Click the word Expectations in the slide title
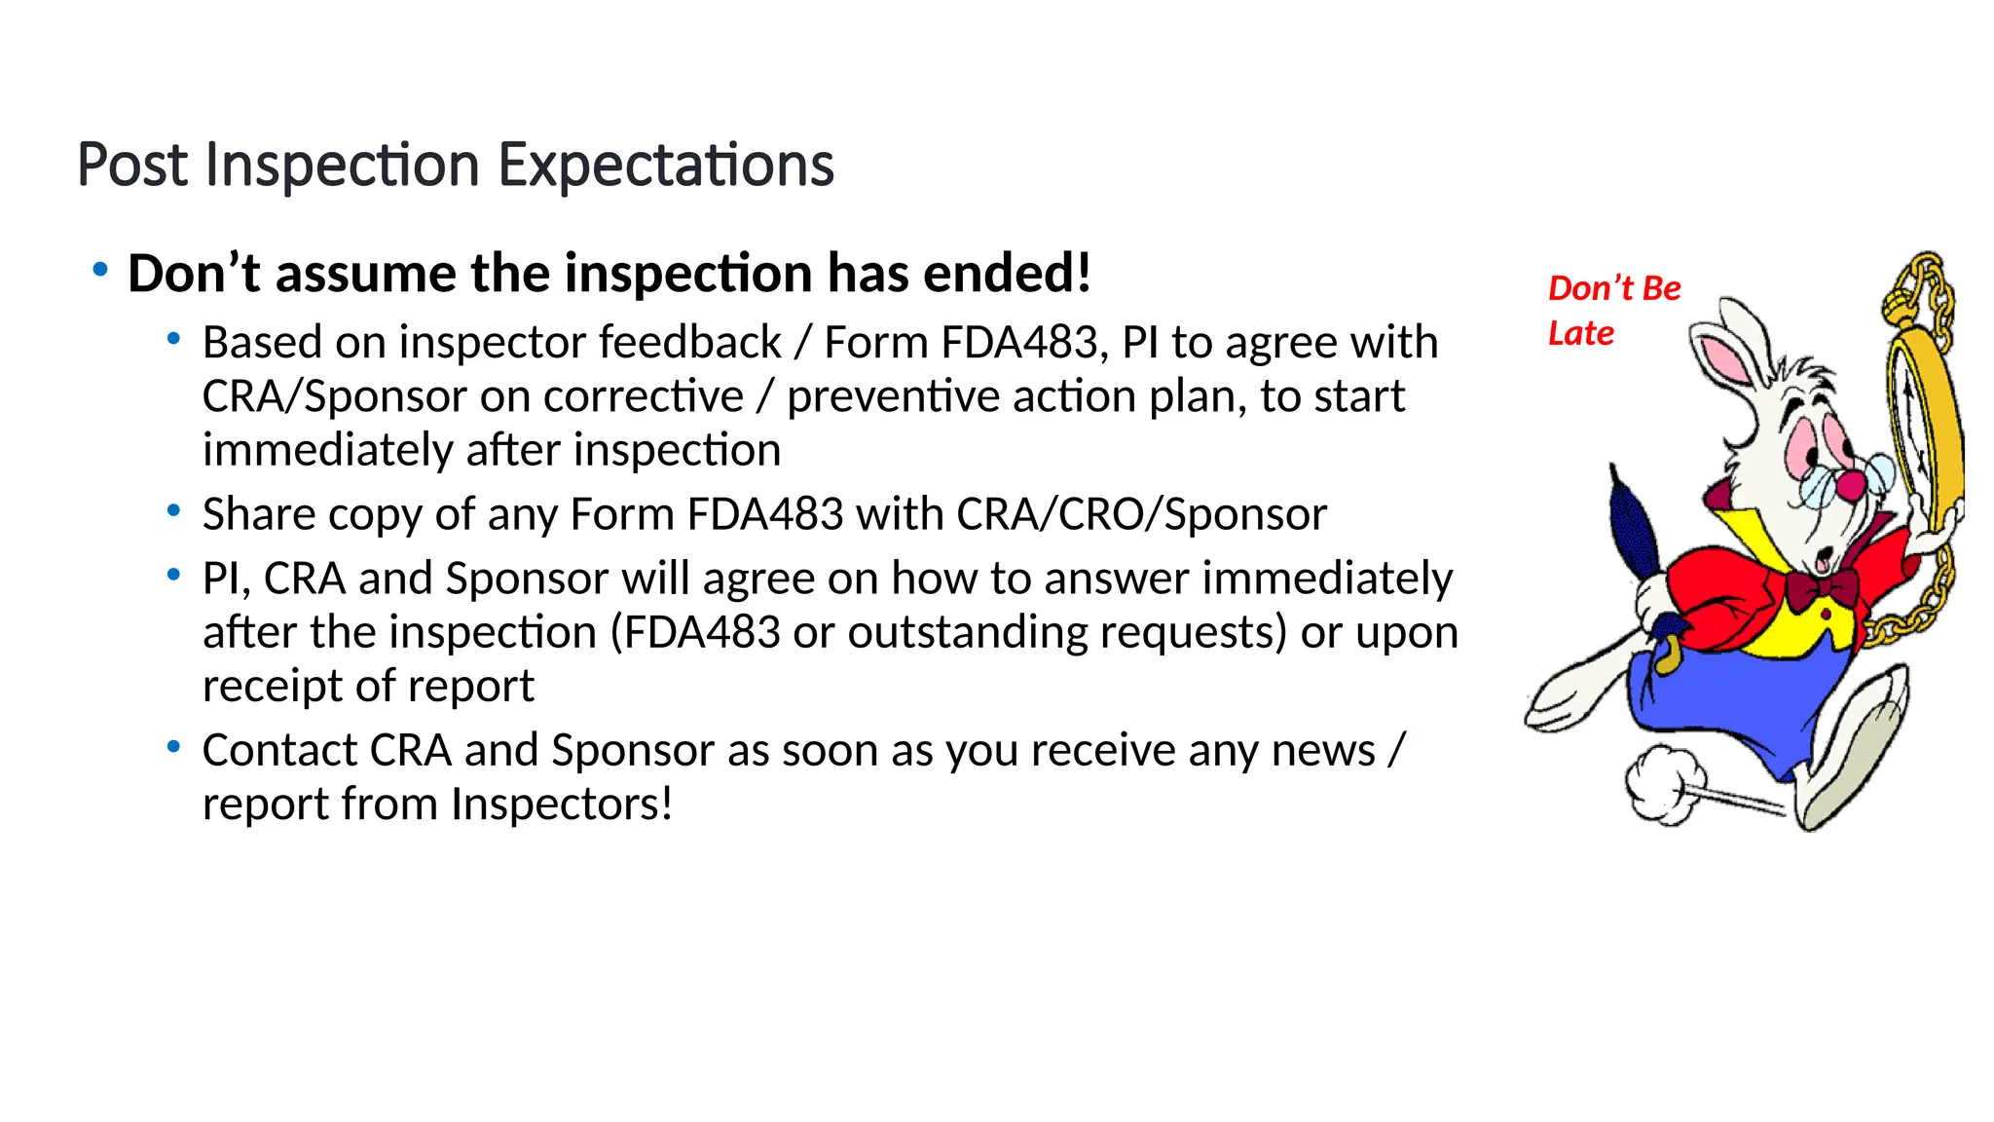point(666,166)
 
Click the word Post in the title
point(132,166)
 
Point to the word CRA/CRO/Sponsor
point(1141,514)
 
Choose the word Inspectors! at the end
point(562,804)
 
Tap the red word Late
point(1581,334)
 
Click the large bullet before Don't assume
point(100,270)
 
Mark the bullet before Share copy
point(174,510)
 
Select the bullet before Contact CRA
point(174,747)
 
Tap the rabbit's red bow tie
point(1821,588)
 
